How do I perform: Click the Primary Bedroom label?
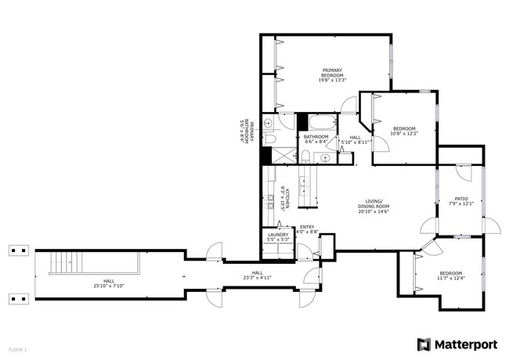point(332,72)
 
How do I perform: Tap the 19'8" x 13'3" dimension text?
point(332,81)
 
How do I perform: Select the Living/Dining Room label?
point(373,203)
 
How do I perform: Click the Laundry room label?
point(278,234)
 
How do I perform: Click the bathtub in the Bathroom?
point(319,123)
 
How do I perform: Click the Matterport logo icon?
point(424,344)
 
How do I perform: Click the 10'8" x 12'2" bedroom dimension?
point(404,134)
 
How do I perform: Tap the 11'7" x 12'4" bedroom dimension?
point(450,279)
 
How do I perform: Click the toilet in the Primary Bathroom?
point(268,123)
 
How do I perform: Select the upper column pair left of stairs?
point(18,250)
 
